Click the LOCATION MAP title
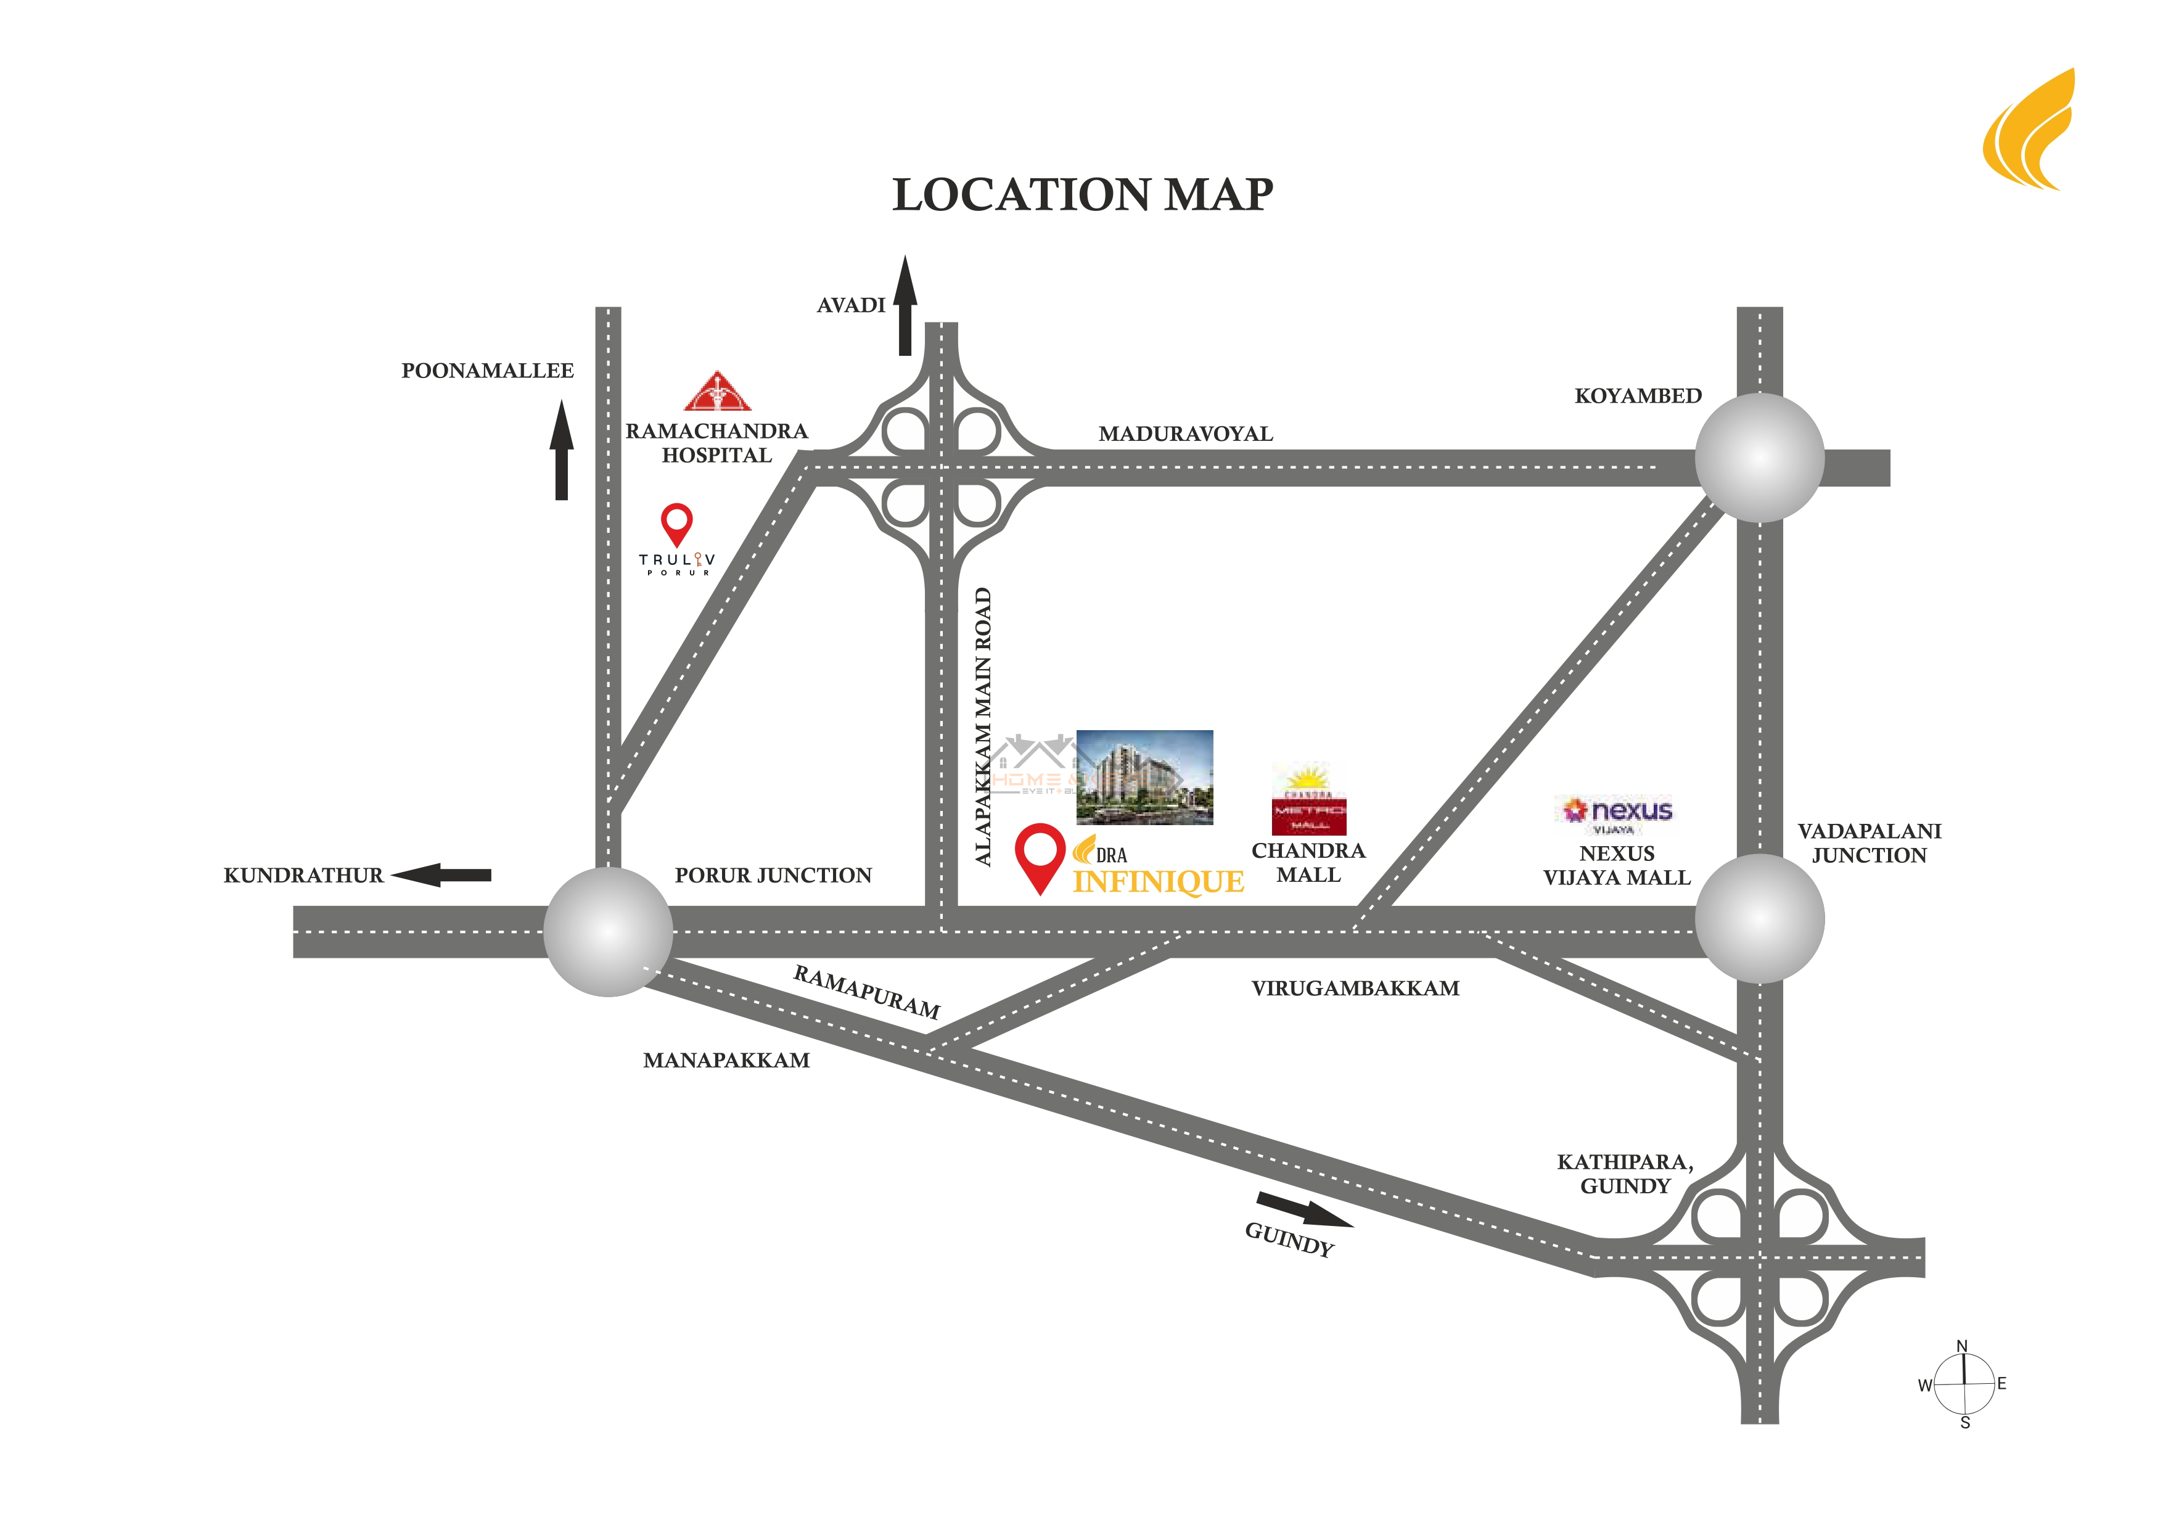point(1083,195)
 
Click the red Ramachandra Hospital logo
point(718,392)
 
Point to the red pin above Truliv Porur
point(676,523)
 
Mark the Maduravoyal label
point(1185,434)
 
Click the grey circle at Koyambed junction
point(1759,458)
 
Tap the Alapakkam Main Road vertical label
point(983,726)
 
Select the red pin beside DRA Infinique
point(1039,855)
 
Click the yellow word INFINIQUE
point(1159,882)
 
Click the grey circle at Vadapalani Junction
point(1759,919)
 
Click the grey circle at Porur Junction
point(609,932)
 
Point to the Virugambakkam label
point(1355,989)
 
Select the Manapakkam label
point(726,1061)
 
